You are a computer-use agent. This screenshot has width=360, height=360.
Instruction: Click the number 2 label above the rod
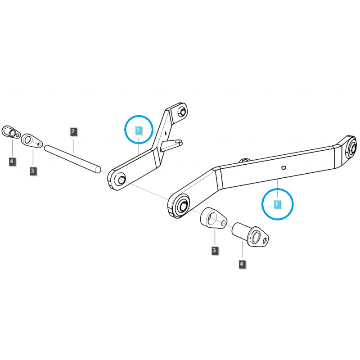pos(73,132)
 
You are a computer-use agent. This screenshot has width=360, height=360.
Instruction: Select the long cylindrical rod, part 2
pos(74,157)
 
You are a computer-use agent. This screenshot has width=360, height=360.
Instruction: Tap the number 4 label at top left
pos(12,161)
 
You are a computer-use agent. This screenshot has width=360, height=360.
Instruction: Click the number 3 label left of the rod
pos(33,171)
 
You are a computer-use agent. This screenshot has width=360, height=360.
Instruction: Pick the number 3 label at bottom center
pos(214,250)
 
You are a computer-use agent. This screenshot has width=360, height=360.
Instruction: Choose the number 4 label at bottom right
pos(243,264)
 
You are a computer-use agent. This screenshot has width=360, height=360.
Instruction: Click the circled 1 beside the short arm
pos(139,130)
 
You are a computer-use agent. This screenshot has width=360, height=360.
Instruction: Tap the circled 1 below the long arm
pos(278,204)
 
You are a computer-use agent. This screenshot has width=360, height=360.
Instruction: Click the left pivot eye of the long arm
pos(182,205)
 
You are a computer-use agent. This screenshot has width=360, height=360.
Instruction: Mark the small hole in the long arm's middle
pos(283,168)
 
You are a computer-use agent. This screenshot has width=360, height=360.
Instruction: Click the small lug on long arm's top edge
pos(245,160)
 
